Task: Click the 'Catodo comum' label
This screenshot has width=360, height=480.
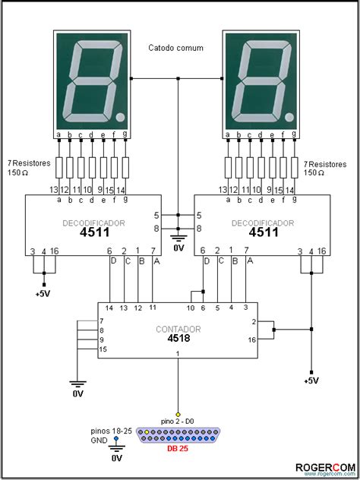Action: [x=175, y=48]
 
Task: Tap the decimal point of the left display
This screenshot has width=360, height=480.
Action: [x=121, y=117]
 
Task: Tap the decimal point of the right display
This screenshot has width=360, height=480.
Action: [x=289, y=117]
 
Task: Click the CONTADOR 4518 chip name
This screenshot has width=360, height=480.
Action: [x=178, y=333]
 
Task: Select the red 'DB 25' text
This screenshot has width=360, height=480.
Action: [x=178, y=449]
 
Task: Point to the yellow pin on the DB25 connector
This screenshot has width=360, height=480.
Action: [x=147, y=432]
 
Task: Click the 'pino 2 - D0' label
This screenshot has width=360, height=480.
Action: [x=178, y=422]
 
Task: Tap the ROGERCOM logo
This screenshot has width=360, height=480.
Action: [x=325, y=467]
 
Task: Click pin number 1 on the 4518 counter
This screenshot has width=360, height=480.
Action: [x=178, y=354]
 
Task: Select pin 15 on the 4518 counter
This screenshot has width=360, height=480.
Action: [x=103, y=349]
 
